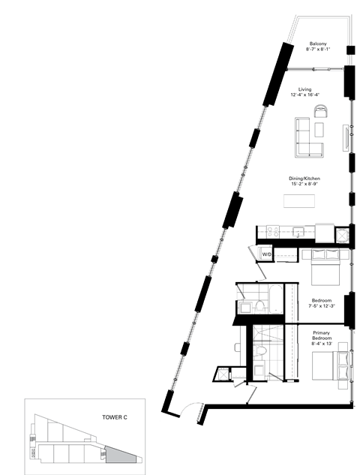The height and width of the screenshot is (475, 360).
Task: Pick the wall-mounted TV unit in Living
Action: click(x=346, y=140)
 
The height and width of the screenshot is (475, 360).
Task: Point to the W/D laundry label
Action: click(x=266, y=255)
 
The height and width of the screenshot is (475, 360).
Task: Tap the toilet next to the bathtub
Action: click(x=256, y=307)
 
